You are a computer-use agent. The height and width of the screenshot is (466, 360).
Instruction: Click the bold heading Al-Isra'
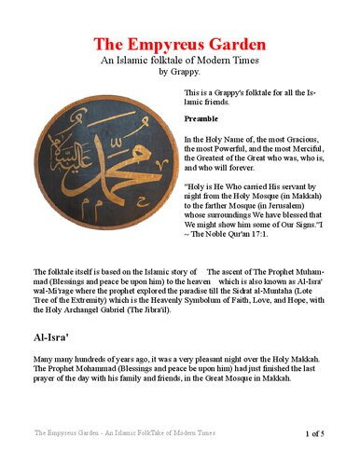click(56, 337)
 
